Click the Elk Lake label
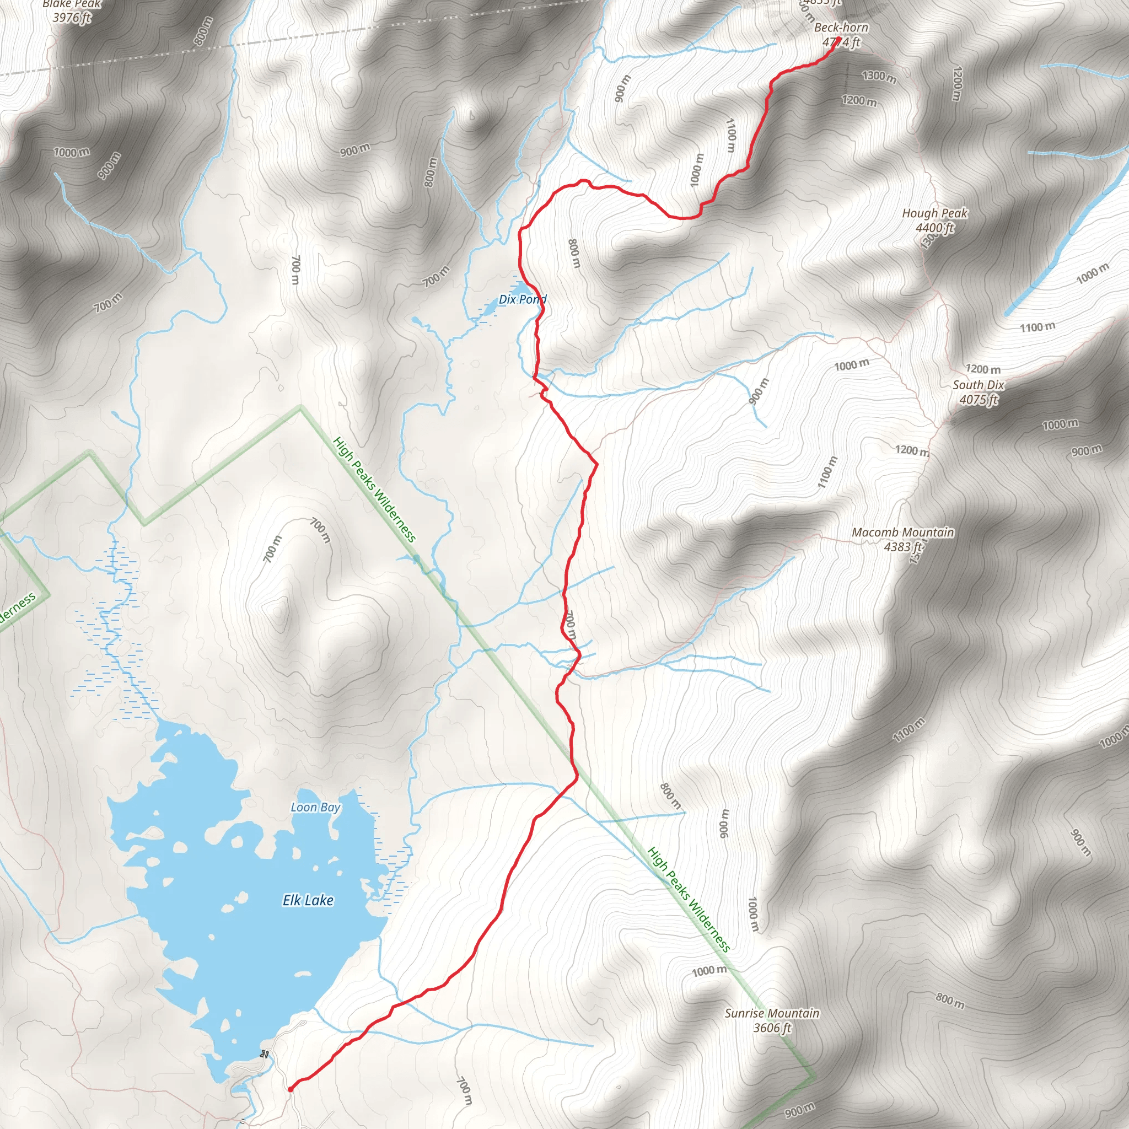pos(308,901)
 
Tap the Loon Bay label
pos(315,807)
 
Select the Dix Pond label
pos(523,299)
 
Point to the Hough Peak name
pos(934,213)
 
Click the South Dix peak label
pos(979,385)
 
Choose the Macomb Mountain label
pos(903,533)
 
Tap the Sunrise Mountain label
pos(772,1013)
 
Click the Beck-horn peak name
pos(841,28)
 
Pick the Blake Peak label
pos(72,4)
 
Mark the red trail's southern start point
pos(290,1089)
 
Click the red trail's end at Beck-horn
pos(838,39)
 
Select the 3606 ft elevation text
pos(772,1028)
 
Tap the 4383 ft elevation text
pos(903,547)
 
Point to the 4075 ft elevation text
pos(979,400)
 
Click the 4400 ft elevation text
pos(934,228)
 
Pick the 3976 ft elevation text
pos(72,18)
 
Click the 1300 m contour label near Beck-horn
pos(879,76)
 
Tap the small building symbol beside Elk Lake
pos(265,1054)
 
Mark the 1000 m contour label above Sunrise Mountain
pos(709,971)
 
